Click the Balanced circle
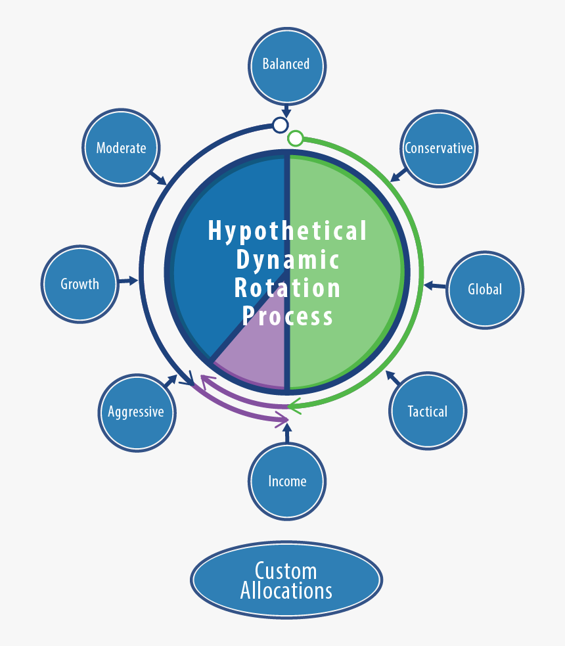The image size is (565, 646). click(286, 64)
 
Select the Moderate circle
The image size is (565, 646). click(122, 148)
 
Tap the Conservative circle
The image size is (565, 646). click(438, 148)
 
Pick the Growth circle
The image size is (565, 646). click(80, 284)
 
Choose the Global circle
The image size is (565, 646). click(485, 289)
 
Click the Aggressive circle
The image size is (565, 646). click(136, 412)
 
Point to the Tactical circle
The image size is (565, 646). click(427, 411)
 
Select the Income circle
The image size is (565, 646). click(287, 481)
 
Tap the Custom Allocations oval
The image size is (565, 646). click(286, 580)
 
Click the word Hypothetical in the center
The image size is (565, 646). click(287, 231)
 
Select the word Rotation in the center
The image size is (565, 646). click(287, 288)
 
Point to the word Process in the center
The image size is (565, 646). click(287, 316)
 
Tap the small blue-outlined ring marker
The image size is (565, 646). click(281, 125)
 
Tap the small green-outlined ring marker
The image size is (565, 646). click(296, 138)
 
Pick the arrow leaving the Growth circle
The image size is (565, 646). click(128, 281)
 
